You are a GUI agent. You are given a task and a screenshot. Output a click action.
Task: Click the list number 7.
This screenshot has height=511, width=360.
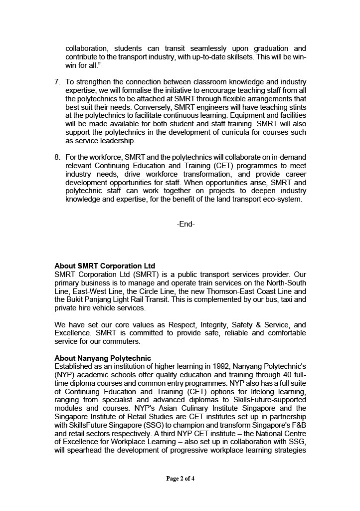[x=57, y=82]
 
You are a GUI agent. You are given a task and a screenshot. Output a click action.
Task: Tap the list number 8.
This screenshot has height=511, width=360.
[x=57, y=157]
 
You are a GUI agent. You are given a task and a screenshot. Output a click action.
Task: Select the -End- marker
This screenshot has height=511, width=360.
[x=185, y=225]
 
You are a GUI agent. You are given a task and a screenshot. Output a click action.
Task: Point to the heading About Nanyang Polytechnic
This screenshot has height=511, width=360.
[x=103, y=358]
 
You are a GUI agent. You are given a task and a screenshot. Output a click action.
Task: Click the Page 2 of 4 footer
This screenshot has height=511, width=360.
[x=180, y=479]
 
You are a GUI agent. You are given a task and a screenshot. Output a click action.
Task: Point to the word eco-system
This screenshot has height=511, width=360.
[x=283, y=200]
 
